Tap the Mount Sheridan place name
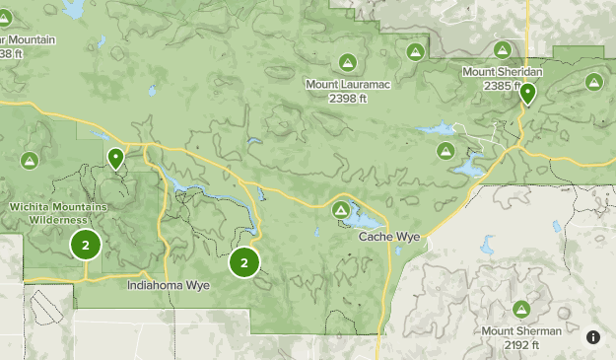click(503, 72)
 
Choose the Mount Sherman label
click(521, 331)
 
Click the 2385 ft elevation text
click(503, 86)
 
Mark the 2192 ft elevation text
click(521, 345)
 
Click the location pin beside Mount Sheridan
click(528, 94)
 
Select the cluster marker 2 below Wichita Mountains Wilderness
click(86, 245)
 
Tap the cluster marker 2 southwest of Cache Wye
click(243, 262)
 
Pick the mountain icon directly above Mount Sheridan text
click(503, 49)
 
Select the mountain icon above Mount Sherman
click(521, 309)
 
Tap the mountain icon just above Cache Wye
click(341, 210)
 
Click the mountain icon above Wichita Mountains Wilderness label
click(30, 160)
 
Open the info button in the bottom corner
click(593, 337)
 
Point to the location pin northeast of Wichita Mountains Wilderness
click(116, 157)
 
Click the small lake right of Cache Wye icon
click(366, 217)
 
